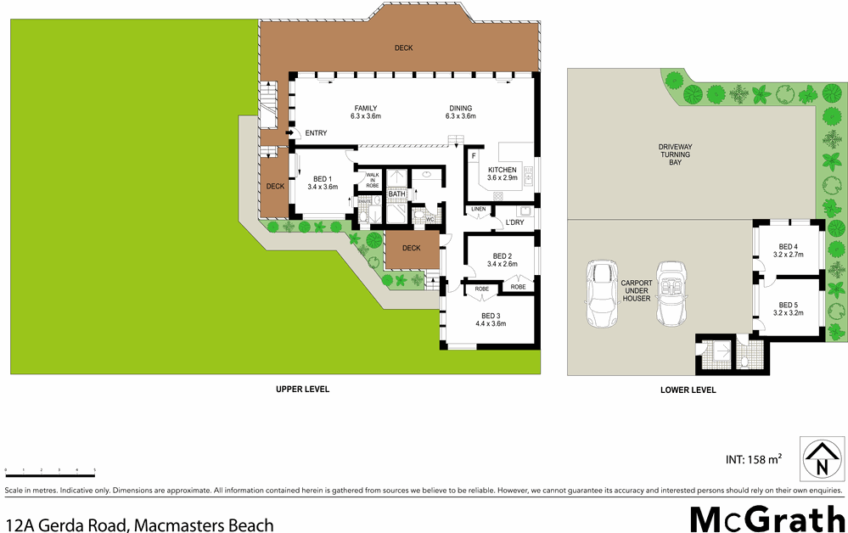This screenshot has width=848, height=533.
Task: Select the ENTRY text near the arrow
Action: pyautogui.click(x=316, y=133)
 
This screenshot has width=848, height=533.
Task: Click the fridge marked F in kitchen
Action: pyautogui.click(x=474, y=156)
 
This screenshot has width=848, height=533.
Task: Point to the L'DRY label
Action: pyautogui.click(x=514, y=222)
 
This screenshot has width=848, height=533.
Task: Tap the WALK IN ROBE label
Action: pyautogui.click(x=372, y=180)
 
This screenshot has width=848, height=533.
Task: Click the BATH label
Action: pyautogui.click(x=396, y=194)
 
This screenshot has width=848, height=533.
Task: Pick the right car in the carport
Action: pyautogui.click(x=674, y=295)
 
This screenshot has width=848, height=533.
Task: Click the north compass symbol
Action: pyautogui.click(x=821, y=459)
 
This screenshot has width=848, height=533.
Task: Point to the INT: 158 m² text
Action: pyautogui.click(x=753, y=460)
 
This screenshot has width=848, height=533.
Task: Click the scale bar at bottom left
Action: pyautogui.click(x=50, y=468)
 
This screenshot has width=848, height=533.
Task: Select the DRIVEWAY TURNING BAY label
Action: pyautogui.click(x=675, y=154)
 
